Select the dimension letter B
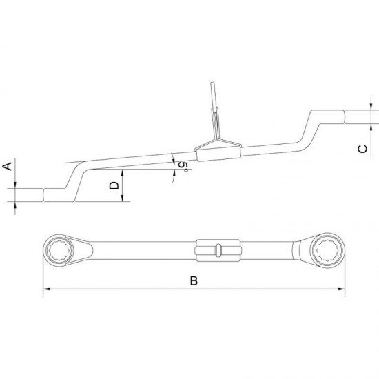point(194,280)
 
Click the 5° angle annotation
point(181,167)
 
